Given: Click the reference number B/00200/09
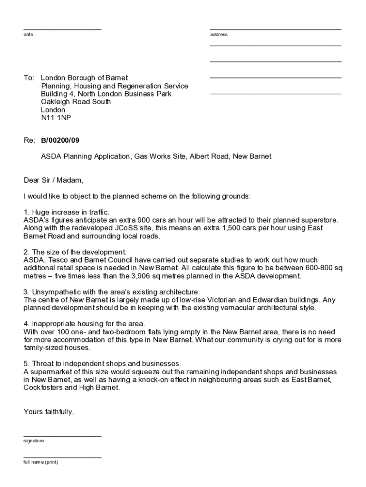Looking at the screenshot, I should pos(60,141).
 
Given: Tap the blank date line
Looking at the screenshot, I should pos(62,29).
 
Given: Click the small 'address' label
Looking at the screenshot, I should pos(219,35).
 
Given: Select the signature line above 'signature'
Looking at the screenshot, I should pos(62,436).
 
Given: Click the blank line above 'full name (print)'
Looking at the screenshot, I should pos(62,458).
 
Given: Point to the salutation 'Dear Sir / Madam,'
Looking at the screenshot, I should pos(53,180).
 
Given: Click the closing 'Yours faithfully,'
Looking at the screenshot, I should pos(49,412).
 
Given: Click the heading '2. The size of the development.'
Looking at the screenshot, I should pos(75,252).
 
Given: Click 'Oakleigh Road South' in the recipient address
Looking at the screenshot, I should pos(76,102).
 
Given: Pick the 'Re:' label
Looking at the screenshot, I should pos(29,141).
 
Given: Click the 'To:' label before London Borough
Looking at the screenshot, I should pos(29,78).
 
